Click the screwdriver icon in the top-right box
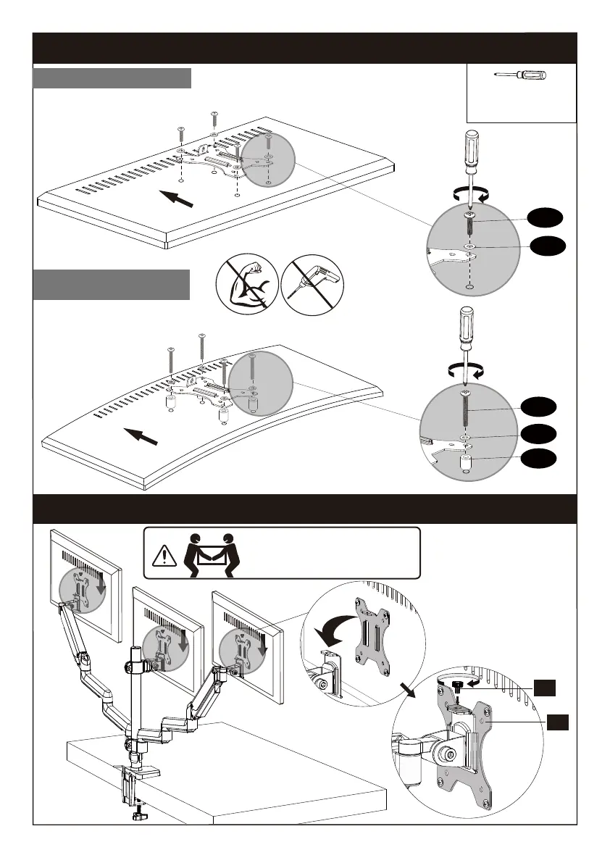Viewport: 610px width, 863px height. [521, 75]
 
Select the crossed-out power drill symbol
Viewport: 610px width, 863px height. [312, 285]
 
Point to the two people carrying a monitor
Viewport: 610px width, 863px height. [210, 554]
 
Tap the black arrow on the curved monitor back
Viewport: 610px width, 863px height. [141, 437]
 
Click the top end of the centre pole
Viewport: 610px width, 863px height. [135, 649]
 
